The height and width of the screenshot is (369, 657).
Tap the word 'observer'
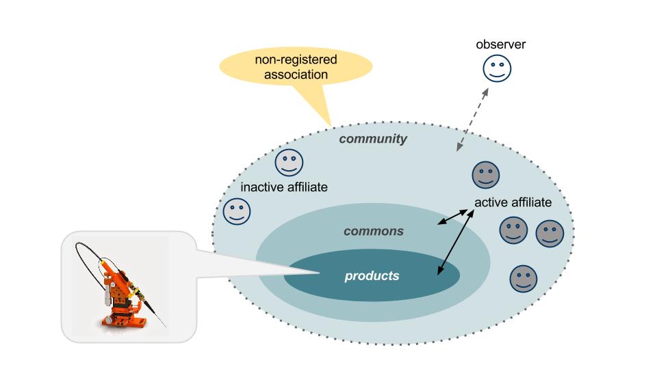click(501, 45)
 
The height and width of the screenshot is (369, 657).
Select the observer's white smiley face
click(498, 69)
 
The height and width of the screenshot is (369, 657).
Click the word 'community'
click(373, 139)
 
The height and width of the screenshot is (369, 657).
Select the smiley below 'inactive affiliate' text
click(237, 211)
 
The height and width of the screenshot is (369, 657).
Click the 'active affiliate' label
click(513, 202)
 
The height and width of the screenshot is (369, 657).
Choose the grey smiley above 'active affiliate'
click(485, 175)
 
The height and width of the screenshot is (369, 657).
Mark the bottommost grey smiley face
click(524, 279)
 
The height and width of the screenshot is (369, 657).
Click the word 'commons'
click(373, 231)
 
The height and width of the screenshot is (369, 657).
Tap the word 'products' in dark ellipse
click(371, 276)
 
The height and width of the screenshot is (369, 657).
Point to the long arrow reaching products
click(453, 243)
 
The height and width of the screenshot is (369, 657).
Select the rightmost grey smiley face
click(550, 234)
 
